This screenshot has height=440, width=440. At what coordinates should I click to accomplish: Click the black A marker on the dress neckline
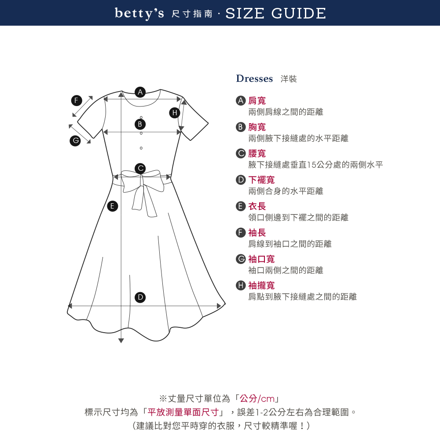point(140,92)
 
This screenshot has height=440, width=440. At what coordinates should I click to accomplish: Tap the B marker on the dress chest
point(140,124)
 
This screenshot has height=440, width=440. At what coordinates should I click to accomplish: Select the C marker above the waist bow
point(140,169)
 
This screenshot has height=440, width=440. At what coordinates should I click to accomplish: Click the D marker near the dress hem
point(140,297)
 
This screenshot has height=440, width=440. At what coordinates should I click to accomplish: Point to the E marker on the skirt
point(113,206)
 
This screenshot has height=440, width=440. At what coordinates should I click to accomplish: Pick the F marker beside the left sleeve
point(76,100)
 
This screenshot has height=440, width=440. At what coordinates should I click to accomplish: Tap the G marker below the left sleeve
point(75,141)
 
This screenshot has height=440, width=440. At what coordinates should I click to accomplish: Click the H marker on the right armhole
point(175,113)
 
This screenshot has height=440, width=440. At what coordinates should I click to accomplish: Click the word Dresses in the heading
point(254,79)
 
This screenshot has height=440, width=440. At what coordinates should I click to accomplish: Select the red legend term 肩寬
point(257,100)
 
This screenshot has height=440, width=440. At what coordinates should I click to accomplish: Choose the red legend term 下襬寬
point(261,180)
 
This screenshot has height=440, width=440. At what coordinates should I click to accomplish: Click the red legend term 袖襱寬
point(261,286)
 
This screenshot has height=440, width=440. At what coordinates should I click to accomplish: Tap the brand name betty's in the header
point(139,14)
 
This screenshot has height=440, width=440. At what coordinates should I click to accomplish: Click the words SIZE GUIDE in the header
point(275,14)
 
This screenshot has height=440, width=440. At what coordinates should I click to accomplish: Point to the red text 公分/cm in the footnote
point(257,399)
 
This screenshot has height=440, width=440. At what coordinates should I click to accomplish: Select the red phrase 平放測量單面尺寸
point(183,412)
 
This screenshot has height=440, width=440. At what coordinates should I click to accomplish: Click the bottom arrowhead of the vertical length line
point(121,341)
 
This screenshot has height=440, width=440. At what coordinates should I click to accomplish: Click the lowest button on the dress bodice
point(141,148)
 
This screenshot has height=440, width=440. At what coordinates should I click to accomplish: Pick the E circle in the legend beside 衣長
point(241,206)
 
